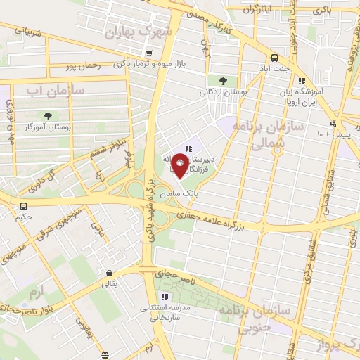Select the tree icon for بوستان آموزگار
point(47,115)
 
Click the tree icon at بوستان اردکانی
point(212,80)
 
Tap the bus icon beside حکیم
point(25,207)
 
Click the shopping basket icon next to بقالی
point(109,274)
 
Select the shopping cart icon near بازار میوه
point(148,53)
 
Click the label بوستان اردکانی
point(212,91)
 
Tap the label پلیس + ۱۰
point(329,133)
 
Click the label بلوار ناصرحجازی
point(21,308)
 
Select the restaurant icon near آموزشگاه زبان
point(301,82)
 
